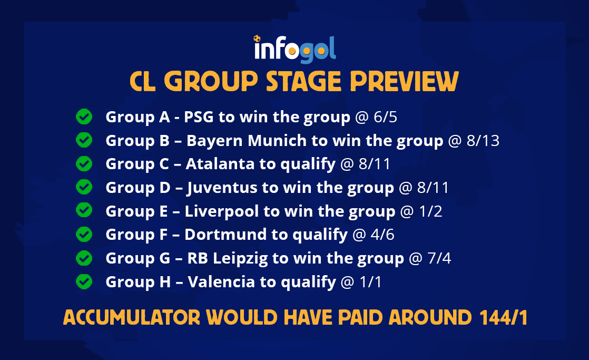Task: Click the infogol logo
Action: click(x=295, y=49)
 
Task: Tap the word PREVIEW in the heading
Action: click(x=404, y=82)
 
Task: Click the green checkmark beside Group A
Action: click(x=84, y=116)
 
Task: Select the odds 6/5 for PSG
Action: click(x=385, y=117)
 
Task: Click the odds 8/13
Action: click(x=483, y=141)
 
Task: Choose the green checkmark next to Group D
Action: click(x=84, y=187)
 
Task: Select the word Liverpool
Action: click(x=222, y=211)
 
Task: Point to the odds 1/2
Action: click(x=430, y=211)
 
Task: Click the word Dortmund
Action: click(x=225, y=235)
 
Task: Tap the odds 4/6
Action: click(x=382, y=235)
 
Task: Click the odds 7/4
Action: click(x=439, y=258)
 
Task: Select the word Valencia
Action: click(x=221, y=282)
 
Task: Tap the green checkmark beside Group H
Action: click(x=84, y=281)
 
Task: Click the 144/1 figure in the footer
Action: click(x=503, y=317)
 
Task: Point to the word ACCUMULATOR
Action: click(x=132, y=317)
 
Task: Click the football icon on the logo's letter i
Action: click(x=257, y=38)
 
